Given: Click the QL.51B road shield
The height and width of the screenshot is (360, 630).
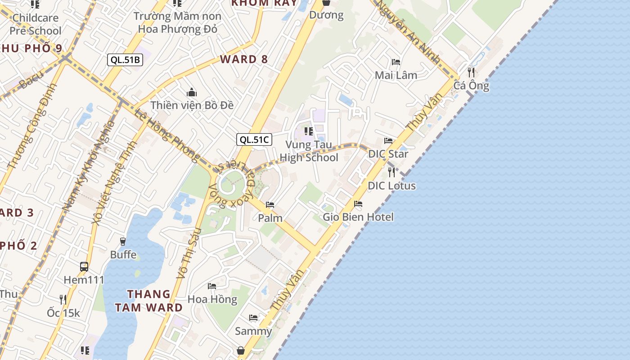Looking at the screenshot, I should pyautogui.click(x=125, y=60).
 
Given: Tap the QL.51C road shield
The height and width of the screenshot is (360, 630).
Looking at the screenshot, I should pyautogui.click(x=254, y=139).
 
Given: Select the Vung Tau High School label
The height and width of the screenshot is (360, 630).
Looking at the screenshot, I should pyautogui.click(x=309, y=151).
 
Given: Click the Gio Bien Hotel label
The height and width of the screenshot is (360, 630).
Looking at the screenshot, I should pyautogui.click(x=358, y=217).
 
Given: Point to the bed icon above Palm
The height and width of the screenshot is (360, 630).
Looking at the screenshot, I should pyautogui.click(x=270, y=205).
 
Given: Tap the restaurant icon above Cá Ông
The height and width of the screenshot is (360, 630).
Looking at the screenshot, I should pyautogui.click(x=471, y=72).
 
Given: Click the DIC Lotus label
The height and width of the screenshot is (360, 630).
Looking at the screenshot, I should pyautogui.click(x=391, y=186).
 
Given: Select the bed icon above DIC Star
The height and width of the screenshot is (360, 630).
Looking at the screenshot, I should pyautogui.click(x=388, y=141).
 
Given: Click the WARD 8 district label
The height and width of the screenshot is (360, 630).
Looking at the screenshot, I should pyautogui.click(x=244, y=59).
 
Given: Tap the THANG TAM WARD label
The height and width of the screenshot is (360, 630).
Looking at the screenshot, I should pyautogui.click(x=149, y=301).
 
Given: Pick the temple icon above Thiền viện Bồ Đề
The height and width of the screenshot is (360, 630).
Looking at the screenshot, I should pyautogui.click(x=192, y=93).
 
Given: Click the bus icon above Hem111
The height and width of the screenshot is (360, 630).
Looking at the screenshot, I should pyautogui.click(x=84, y=266).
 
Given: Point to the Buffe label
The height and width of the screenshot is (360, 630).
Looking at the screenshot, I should pyautogui.click(x=123, y=255).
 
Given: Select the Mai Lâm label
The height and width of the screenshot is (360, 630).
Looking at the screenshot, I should pyautogui.click(x=396, y=75).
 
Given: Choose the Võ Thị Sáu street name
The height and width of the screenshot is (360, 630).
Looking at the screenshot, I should pyautogui.click(x=188, y=253).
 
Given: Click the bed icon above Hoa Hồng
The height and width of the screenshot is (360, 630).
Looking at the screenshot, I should pyautogui.click(x=212, y=286).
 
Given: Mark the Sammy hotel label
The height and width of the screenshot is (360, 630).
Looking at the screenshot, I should pyautogui.click(x=253, y=332).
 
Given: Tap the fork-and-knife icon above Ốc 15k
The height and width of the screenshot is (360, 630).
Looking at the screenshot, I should pyautogui.click(x=63, y=299).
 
